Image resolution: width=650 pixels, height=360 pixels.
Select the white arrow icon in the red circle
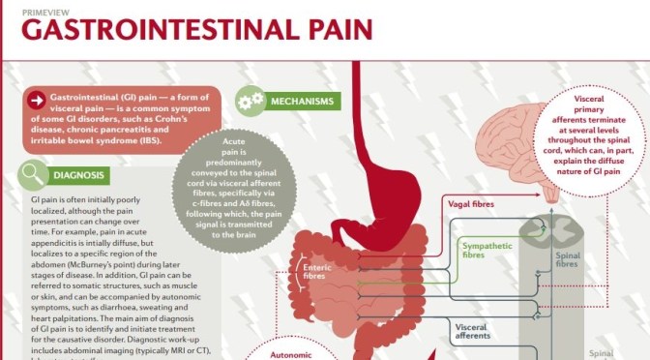point(36,102)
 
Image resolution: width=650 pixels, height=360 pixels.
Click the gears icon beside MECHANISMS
point(251,101)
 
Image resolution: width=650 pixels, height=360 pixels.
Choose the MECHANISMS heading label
point(303,102)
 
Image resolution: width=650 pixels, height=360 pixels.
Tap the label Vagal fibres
point(471,204)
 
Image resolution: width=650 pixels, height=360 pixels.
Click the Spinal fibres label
point(568,259)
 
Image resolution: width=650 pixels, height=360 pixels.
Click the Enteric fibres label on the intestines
point(317,273)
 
